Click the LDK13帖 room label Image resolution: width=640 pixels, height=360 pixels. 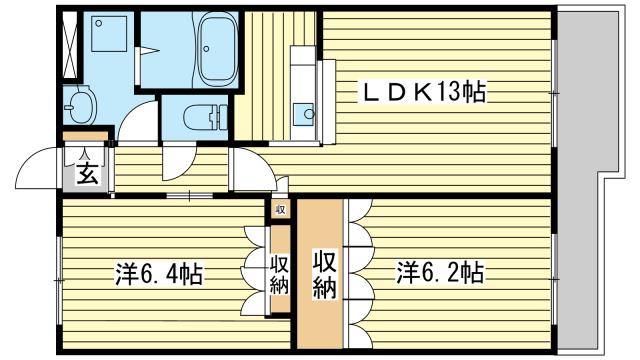pyautogui.click(x=424, y=93)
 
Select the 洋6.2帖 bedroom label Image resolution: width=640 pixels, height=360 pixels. pyautogui.click(x=440, y=272)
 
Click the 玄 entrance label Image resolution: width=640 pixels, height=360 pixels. pyautogui.click(x=87, y=174)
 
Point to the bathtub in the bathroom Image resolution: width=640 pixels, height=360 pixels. pyautogui.click(x=216, y=51)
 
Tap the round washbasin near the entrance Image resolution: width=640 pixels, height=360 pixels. pyautogui.click(x=79, y=103)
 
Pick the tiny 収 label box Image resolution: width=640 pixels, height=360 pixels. pyautogui.click(x=281, y=209)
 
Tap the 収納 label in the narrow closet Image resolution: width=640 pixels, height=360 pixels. pyautogui.click(x=279, y=273)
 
